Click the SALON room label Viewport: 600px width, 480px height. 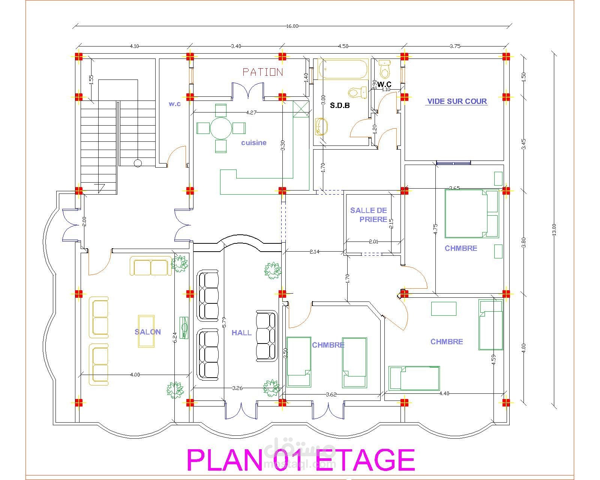point(148,332)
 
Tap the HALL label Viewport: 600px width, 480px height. point(241,333)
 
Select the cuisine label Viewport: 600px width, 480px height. point(254,143)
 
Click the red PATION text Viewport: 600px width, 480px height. point(262,72)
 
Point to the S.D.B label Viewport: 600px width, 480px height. point(340,105)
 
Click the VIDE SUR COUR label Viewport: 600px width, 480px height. point(457,101)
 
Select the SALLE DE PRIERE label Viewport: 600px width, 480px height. point(369,215)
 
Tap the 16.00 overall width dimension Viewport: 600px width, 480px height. point(292,26)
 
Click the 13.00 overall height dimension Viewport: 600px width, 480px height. point(554,230)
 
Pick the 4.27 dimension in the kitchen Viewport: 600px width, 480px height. point(251,112)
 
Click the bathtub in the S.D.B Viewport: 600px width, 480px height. point(343,69)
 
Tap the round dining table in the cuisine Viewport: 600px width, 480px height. point(221,129)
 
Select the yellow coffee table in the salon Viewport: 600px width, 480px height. point(146,331)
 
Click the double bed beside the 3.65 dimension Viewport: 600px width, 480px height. point(471,214)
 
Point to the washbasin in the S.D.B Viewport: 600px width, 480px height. point(321,127)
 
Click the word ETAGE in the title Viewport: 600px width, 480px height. point(365,459)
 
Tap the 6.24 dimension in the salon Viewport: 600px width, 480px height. point(175,337)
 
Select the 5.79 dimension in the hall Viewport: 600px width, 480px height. point(224,322)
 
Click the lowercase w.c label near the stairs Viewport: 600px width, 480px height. point(175,104)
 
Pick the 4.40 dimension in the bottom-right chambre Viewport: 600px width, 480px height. point(444,393)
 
